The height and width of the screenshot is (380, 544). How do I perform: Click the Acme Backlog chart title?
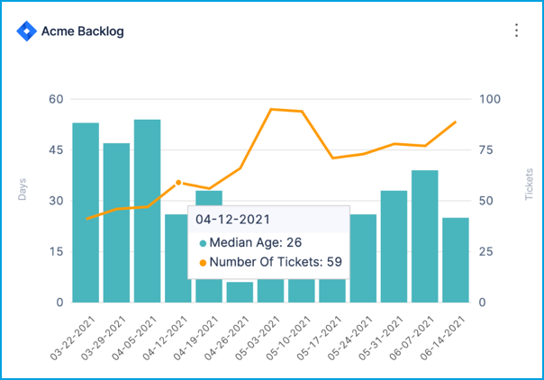pyautogui.click(x=83, y=32)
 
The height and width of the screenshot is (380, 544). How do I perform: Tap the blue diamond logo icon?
pyautogui.click(x=25, y=31)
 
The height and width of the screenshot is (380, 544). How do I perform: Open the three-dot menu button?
pyautogui.click(x=517, y=31)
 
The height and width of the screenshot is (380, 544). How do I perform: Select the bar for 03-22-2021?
pyautogui.click(x=86, y=213)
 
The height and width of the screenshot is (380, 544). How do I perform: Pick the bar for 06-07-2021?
pyautogui.click(x=425, y=236)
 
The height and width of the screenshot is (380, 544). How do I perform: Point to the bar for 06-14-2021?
pyautogui.click(x=456, y=259)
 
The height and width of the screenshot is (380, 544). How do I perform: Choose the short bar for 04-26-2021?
pyautogui.click(x=240, y=292)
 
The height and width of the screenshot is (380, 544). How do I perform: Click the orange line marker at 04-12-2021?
pyautogui.click(x=178, y=183)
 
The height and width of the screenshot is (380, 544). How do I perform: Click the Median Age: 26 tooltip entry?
pyautogui.click(x=253, y=242)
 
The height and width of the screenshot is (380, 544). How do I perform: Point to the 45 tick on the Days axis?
pyautogui.click(x=55, y=149)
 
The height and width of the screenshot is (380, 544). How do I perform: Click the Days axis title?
pyautogui.click(x=22, y=189)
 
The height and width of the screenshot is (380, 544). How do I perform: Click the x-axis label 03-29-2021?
pyautogui.click(x=104, y=340)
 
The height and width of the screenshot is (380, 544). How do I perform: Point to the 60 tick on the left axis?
pyautogui.click(x=55, y=99)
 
